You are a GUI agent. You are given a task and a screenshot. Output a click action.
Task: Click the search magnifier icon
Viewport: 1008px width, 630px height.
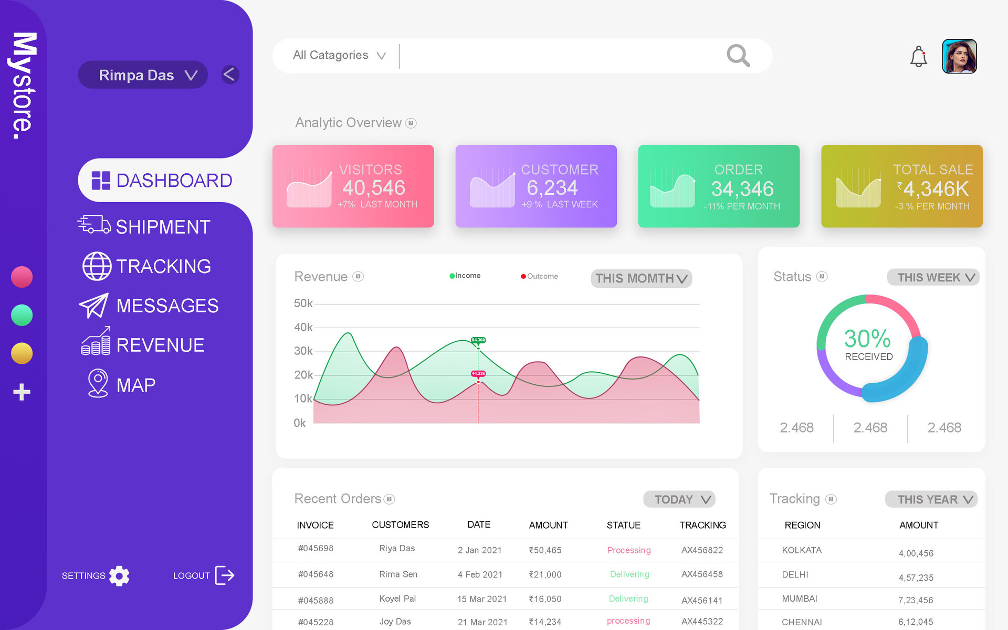click(738, 55)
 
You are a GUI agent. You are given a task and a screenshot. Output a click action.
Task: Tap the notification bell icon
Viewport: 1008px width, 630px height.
click(918, 57)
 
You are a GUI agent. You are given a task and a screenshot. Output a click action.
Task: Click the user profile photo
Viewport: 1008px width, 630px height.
click(959, 56)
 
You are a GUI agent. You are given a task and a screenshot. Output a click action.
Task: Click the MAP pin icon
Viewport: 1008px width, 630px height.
click(98, 383)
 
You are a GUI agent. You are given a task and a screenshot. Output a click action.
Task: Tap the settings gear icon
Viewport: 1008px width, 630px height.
click(119, 576)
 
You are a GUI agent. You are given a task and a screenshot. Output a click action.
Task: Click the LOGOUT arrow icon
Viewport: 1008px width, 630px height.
click(225, 575)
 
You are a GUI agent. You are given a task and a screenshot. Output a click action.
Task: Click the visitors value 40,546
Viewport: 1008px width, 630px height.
click(374, 188)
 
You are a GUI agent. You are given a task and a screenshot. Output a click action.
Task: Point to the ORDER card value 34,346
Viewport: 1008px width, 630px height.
click(742, 189)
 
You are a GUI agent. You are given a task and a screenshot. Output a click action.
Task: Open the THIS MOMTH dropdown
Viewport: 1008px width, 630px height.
click(641, 278)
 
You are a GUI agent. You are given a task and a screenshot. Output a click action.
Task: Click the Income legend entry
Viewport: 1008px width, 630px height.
click(465, 276)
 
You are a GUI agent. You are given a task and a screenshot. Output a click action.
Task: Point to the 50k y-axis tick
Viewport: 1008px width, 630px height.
click(303, 303)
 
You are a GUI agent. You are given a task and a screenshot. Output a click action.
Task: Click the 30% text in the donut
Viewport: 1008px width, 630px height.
click(867, 339)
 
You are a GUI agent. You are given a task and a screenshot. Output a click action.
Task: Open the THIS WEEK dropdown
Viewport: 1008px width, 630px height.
click(933, 277)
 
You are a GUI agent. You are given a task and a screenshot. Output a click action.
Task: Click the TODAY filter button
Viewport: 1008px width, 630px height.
click(679, 499)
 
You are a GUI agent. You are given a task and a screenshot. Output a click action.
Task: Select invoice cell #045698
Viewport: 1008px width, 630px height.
click(316, 549)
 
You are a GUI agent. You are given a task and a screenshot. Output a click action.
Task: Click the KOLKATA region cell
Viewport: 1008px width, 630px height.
click(802, 550)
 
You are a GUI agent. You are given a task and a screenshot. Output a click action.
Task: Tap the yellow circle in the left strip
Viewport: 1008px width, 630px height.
click(22, 353)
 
